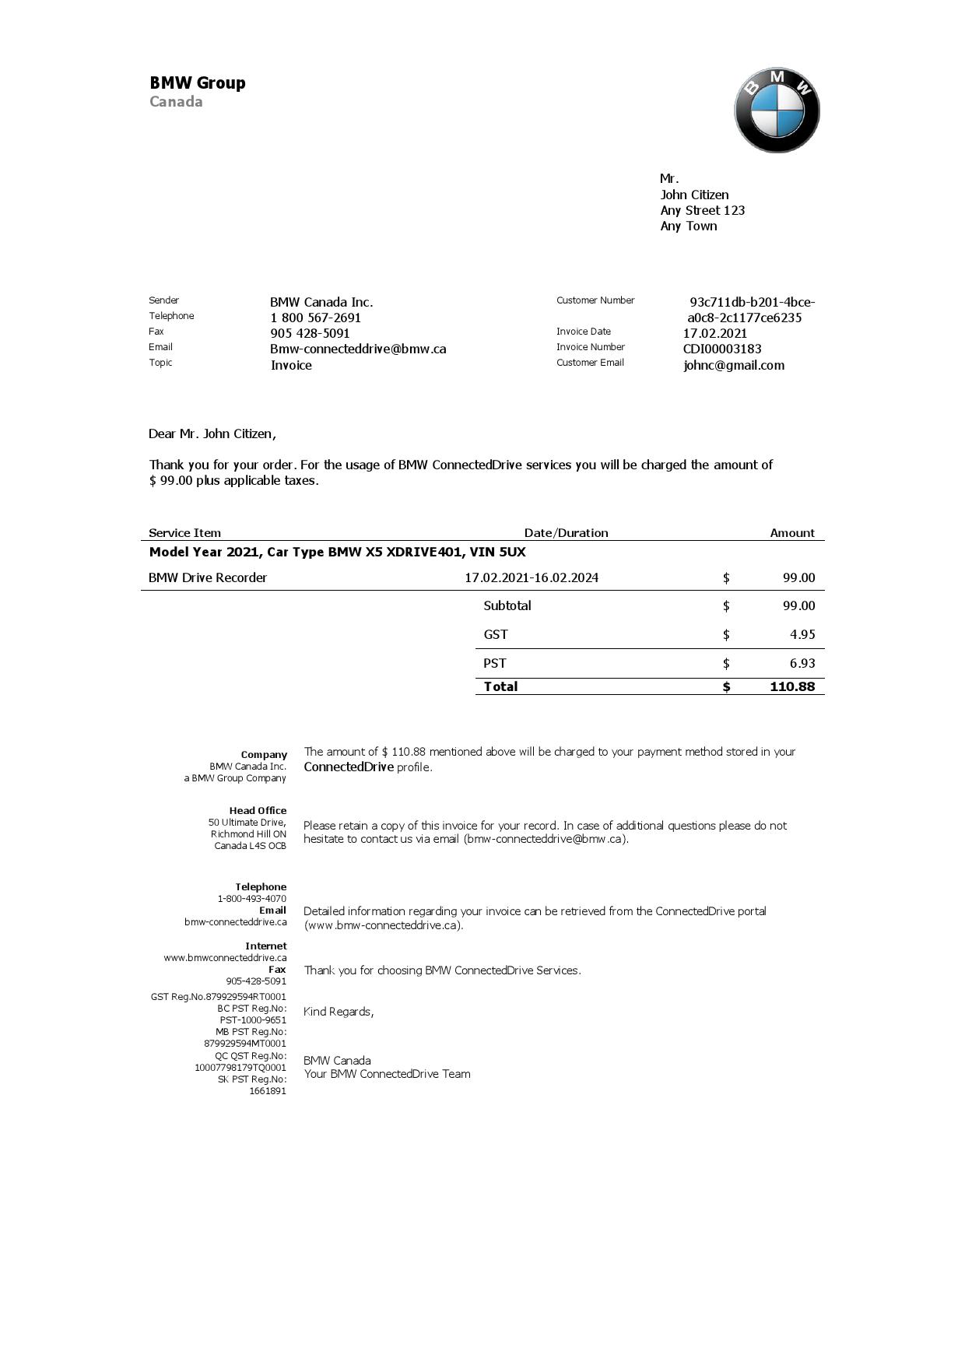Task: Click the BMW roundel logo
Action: click(x=777, y=110)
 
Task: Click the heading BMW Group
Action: click(x=198, y=83)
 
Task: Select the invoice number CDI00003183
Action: click(x=722, y=349)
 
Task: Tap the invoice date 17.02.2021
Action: click(x=715, y=333)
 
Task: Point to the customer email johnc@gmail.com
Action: click(x=734, y=365)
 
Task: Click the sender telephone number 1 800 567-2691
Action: click(x=315, y=318)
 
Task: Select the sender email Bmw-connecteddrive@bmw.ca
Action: click(x=358, y=349)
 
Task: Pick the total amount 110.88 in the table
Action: click(x=791, y=686)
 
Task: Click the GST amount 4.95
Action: click(x=802, y=634)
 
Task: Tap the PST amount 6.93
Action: click(x=802, y=663)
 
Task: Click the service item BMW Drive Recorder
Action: click(x=208, y=577)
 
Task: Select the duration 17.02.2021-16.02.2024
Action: click(x=532, y=577)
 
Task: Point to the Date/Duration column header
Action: click(x=566, y=533)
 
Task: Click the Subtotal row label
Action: click(x=507, y=605)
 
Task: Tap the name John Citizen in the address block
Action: click(x=694, y=195)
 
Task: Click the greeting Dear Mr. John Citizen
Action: click(x=212, y=433)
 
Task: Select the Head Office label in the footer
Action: click(x=258, y=811)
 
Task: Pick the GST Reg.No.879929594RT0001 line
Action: click(x=219, y=997)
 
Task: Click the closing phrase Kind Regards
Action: click(x=339, y=1012)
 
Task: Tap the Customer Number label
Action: click(x=595, y=300)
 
